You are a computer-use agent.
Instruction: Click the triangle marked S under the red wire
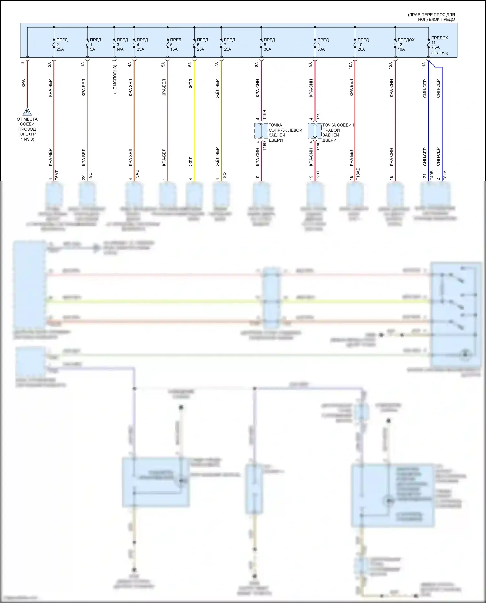pyautogui.click(x=27, y=112)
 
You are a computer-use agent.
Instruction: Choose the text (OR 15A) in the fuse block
pyautogui.click(x=440, y=53)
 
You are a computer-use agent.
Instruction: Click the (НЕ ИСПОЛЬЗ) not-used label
pyautogui.click(x=115, y=80)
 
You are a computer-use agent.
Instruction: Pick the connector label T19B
pyautogui.click(x=264, y=115)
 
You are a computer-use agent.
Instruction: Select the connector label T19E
pyautogui.click(x=318, y=146)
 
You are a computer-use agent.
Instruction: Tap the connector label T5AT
pyautogui.click(x=57, y=175)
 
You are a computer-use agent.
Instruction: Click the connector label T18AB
pyautogui.click(x=358, y=174)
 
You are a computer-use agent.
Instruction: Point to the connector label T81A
pyautogui.click(x=445, y=175)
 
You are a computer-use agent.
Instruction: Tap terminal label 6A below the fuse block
pyautogui.click(x=190, y=64)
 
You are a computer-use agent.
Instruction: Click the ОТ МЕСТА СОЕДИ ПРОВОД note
pyautogui.click(x=27, y=129)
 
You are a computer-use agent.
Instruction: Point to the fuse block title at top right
pyautogui.click(x=431, y=17)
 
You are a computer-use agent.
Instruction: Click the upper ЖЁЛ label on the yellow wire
pyautogui.click(x=191, y=84)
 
